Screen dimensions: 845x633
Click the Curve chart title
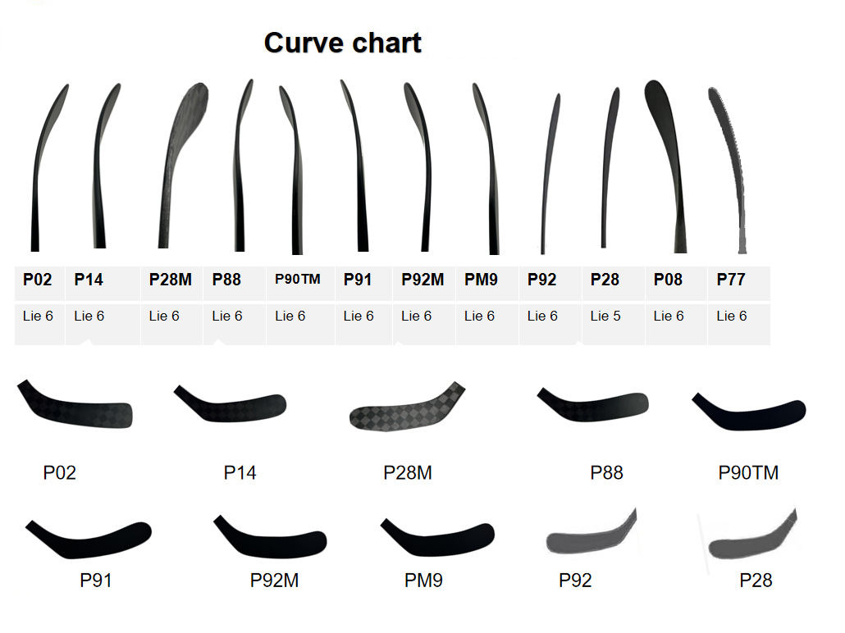click(x=342, y=43)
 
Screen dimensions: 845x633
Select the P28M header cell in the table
click(x=171, y=280)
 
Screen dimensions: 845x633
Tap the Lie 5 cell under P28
click(x=605, y=316)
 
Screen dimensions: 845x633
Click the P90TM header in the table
click(x=298, y=280)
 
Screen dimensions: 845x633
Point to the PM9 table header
click(x=481, y=280)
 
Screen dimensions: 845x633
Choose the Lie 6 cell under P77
click(x=731, y=316)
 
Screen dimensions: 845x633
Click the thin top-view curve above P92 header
click(x=550, y=172)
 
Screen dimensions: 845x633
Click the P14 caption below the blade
click(x=240, y=473)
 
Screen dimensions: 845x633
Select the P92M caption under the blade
click(x=274, y=581)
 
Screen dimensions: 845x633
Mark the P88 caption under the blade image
click(x=606, y=473)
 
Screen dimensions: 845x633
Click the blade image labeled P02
click(x=75, y=403)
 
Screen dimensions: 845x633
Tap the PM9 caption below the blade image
click(x=423, y=581)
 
